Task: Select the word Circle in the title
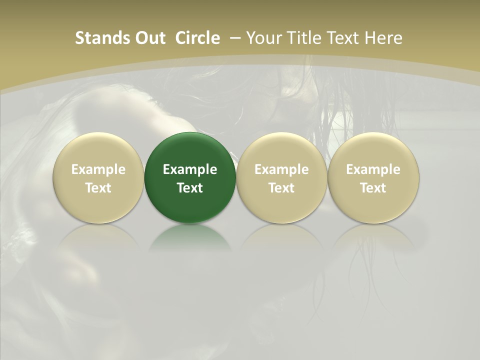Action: [x=197, y=38]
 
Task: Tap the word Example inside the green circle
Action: [x=190, y=169]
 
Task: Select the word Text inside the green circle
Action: [x=190, y=188]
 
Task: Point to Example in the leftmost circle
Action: [x=98, y=169]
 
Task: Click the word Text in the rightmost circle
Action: [x=373, y=188]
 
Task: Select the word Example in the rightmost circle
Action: [x=373, y=169]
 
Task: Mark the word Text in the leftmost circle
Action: [x=98, y=188]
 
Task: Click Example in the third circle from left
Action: [x=281, y=169]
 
